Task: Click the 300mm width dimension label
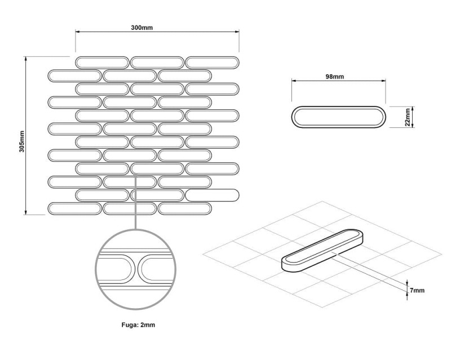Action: [x=142, y=28]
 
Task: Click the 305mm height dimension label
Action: [x=22, y=141]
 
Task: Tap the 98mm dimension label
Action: [x=334, y=77]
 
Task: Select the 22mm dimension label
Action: [x=407, y=117]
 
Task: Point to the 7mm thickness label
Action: [x=417, y=290]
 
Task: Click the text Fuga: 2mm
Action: [x=138, y=325]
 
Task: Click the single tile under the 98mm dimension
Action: [x=339, y=117]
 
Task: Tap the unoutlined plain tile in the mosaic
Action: [x=213, y=195]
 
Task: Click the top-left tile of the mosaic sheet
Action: [x=102, y=63]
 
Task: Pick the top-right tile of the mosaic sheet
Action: [x=213, y=63]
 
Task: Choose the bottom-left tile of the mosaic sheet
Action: [x=75, y=209]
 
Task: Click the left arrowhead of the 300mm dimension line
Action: [x=77, y=32]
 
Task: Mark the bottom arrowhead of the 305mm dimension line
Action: [x=26, y=212]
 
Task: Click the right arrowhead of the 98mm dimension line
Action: [x=383, y=81]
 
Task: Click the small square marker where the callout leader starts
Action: [x=135, y=175]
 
